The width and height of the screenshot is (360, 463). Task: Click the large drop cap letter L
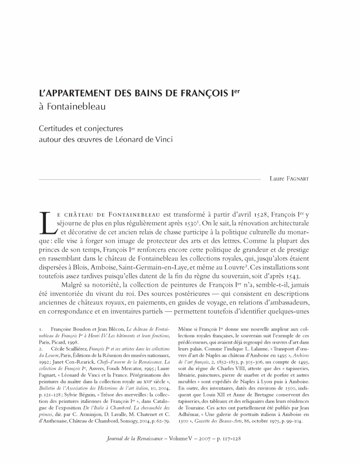tap(46, 223)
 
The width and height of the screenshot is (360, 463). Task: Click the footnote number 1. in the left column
tap(41, 328)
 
